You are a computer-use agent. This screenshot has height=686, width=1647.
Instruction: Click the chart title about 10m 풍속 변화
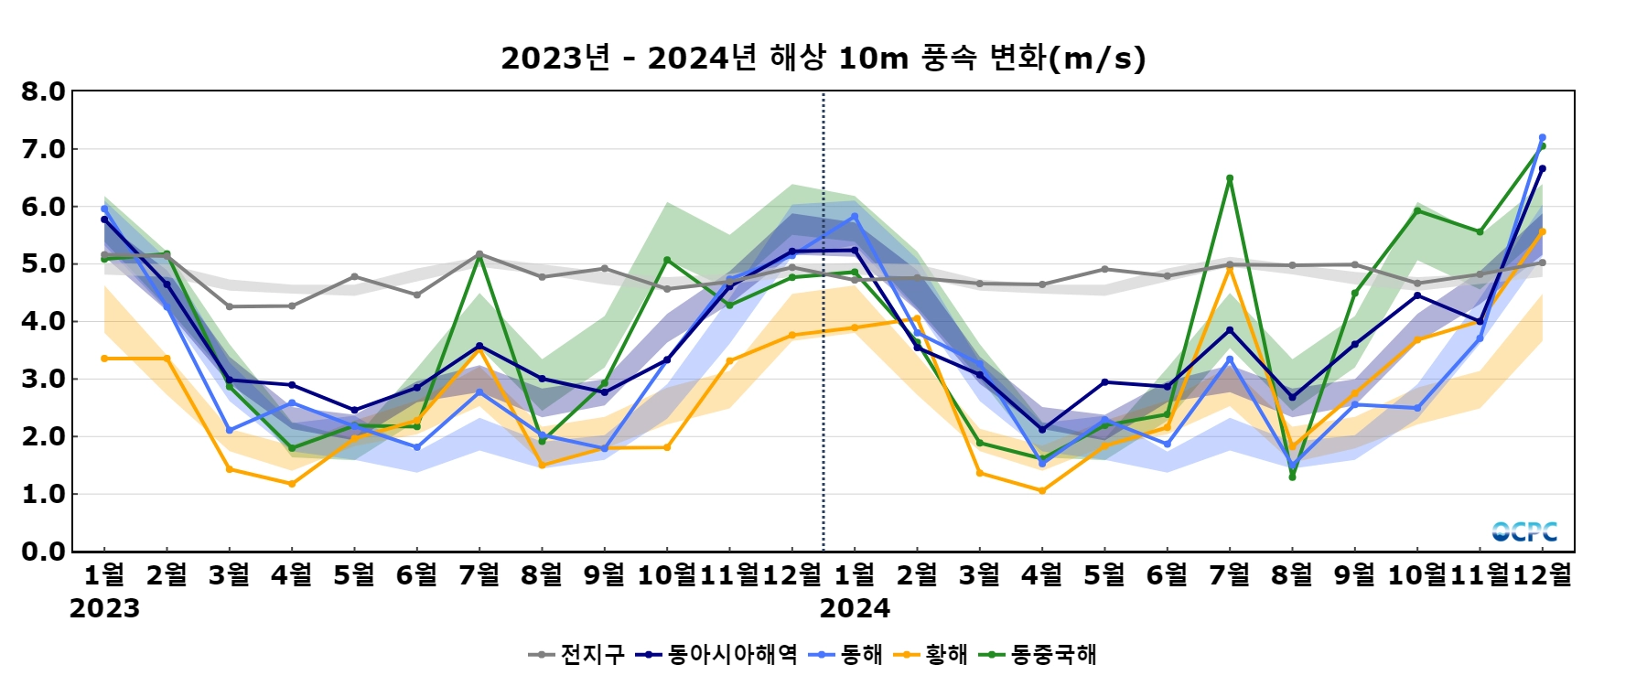(x=823, y=58)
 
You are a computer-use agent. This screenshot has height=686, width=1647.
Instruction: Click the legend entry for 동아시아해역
(x=718, y=655)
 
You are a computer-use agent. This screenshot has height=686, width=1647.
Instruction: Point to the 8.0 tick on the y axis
(x=44, y=91)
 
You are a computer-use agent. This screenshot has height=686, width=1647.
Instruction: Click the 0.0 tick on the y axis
(x=44, y=552)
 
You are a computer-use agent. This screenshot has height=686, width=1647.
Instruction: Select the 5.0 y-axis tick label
(x=44, y=264)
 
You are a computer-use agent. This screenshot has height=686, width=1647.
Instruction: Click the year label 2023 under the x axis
(x=104, y=608)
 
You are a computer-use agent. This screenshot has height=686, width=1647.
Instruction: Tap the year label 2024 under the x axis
(x=855, y=608)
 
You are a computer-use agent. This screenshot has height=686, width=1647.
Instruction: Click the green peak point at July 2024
(x=1230, y=178)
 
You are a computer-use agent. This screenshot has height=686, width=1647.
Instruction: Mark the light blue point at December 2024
(x=1542, y=138)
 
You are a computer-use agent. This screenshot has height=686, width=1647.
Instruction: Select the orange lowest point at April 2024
(x=1042, y=491)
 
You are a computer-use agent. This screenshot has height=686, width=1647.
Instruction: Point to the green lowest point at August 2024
(x=1292, y=477)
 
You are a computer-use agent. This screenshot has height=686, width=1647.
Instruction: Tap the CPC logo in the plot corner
(x=1524, y=531)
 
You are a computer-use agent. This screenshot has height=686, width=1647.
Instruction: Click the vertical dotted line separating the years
(x=823, y=366)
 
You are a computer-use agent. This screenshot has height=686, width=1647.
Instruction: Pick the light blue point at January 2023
(x=104, y=209)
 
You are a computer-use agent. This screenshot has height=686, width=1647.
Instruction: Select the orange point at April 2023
(x=292, y=484)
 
